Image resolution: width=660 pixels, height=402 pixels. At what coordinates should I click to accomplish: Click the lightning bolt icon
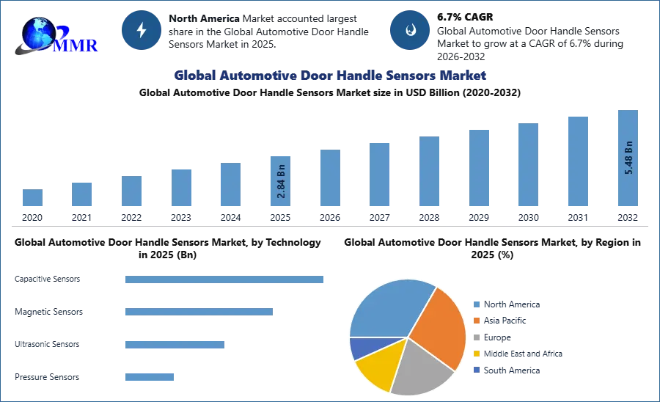point(142,30)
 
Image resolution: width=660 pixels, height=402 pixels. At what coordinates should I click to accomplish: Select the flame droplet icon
point(410,30)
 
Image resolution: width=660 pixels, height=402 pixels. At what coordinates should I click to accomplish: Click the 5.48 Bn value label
point(628,156)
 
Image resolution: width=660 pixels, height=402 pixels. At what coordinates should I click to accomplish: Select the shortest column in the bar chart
point(32,199)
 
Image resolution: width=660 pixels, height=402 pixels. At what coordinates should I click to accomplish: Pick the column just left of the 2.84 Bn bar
point(229,185)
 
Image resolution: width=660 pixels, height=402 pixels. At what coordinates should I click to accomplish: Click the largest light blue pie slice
point(385,308)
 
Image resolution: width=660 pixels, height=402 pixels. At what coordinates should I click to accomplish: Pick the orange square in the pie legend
point(476,321)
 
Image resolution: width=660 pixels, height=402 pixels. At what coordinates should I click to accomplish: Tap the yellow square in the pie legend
point(476,353)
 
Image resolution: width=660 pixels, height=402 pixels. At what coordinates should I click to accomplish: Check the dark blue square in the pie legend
point(476,370)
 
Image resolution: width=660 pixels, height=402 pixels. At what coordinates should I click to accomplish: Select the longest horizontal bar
point(225,281)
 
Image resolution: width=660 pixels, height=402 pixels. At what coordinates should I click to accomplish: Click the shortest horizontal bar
point(150,376)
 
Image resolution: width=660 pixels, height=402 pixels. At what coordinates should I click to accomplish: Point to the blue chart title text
point(329,76)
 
